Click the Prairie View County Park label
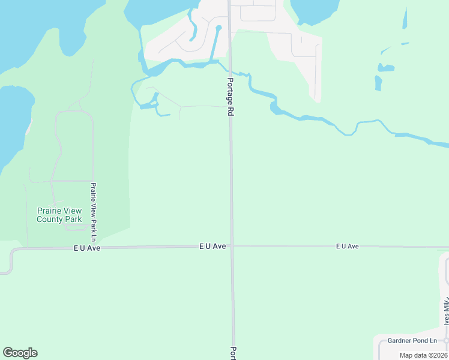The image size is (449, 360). coord(59,215)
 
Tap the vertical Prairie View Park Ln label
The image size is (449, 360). coord(94,209)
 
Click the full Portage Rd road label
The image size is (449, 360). coord(229,96)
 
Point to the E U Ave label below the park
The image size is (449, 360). coord(86,248)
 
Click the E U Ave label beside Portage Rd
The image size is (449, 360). coord(212,246)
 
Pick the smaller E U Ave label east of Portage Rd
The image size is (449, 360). coord(347,246)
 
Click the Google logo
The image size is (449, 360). coord(20,353)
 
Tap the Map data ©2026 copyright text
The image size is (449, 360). coord(423,355)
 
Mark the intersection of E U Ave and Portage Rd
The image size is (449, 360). coord(231,245)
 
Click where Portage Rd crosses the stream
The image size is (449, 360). coord(230,70)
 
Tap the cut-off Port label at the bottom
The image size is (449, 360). coord(234,352)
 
